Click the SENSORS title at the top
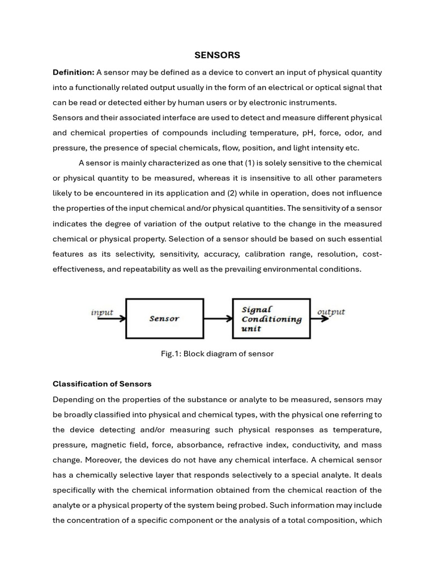click(x=217, y=55)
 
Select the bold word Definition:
click(x=73, y=72)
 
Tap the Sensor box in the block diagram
click(x=164, y=318)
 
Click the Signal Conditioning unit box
click(x=271, y=318)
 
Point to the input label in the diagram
click(x=102, y=313)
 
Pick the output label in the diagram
click(x=331, y=312)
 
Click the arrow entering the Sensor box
click(x=112, y=318)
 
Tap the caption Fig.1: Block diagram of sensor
click(x=217, y=354)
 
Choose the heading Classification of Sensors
click(x=102, y=384)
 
